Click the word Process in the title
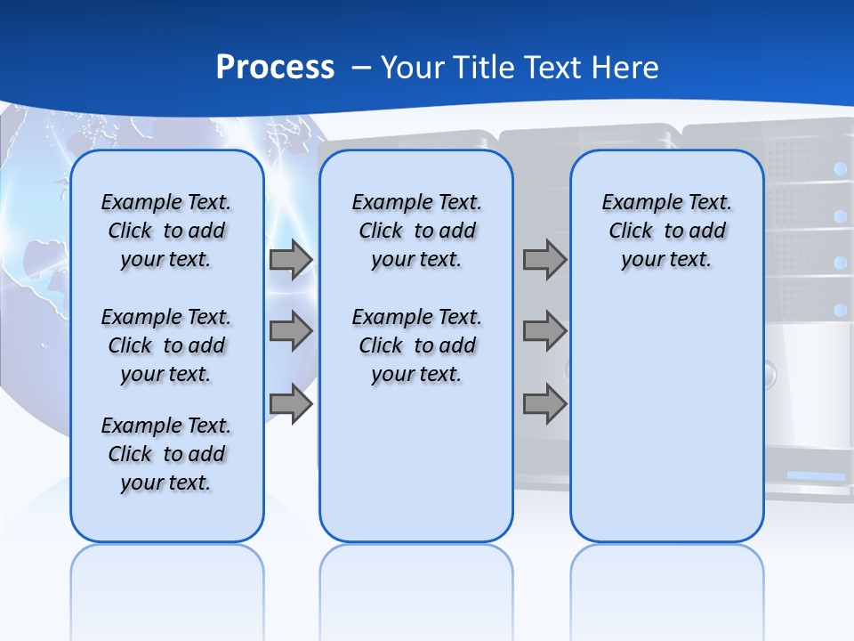[275, 68]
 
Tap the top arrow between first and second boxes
[291, 260]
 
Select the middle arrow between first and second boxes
[291, 332]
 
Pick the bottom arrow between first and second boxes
[291, 404]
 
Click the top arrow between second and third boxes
[544, 260]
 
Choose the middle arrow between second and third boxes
[544, 332]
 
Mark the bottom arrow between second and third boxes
[544, 404]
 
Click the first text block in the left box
[166, 231]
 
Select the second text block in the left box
[166, 345]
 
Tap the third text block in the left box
[166, 454]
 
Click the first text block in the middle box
[416, 231]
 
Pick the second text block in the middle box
[416, 345]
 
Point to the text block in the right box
[666, 231]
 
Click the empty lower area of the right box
[666, 418]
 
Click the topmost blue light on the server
[838, 168]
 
